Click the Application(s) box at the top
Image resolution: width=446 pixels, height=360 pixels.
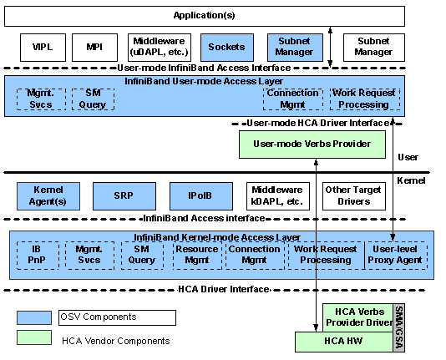click(205, 16)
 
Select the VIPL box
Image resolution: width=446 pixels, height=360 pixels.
click(43, 48)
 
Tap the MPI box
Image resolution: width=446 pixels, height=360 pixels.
click(94, 48)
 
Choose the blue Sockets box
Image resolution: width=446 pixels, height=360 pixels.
click(227, 48)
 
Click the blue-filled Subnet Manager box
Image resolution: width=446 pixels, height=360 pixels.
click(295, 48)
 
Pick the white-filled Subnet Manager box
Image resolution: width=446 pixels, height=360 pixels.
click(374, 48)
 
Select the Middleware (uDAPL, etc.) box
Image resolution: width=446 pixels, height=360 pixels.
click(160, 48)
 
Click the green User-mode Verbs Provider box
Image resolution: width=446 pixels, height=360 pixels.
click(312, 145)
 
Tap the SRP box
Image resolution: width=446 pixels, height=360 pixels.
click(124, 196)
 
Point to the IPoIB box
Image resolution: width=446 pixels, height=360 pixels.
click(201, 196)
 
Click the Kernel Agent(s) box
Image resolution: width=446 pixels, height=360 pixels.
click(48, 196)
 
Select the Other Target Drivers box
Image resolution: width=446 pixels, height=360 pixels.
click(354, 196)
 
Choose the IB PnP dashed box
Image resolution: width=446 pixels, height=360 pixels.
click(38, 256)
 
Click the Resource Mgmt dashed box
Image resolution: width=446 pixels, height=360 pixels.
click(197, 256)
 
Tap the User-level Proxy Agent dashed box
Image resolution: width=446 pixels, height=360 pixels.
click(396, 256)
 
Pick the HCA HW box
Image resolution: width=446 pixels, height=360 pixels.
click(343, 342)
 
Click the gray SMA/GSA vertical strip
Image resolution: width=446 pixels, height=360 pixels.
click(398, 328)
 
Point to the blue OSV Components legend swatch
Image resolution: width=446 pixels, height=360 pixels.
click(34, 317)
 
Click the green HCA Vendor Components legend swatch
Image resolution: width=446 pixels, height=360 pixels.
click(34, 337)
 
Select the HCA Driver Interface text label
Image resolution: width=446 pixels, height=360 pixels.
click(224, 290)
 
